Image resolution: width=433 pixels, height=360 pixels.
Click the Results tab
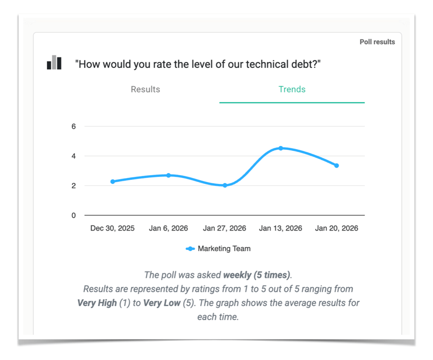click(145, 90)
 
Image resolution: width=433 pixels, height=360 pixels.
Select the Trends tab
click(292, 90)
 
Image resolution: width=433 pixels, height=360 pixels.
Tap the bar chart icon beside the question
click(54, 63)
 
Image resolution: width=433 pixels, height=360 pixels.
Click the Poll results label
click(377, 42)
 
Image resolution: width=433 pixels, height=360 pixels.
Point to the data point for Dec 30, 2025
click(113, 181)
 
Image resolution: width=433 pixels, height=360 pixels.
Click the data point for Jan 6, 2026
click(168, 175)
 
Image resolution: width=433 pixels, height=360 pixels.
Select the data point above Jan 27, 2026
click(225, 185)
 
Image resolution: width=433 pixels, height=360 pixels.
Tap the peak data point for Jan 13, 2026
click(281, 148)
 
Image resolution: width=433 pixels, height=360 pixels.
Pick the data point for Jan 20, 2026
click(336, 165)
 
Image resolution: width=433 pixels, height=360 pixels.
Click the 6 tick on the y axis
click(73, 127)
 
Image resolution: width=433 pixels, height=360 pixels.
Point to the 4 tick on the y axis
click(73, 156)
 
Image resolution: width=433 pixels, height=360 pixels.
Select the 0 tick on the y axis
click(73, 216)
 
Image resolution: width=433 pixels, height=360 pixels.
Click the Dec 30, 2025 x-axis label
click(113, 229)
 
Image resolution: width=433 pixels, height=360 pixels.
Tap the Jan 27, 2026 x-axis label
click(224, 229)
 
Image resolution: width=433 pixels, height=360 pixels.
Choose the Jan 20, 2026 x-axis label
click(336, 229)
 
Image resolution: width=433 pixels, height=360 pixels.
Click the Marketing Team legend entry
click(219, 249)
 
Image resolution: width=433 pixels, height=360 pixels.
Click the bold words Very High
click(97, 303)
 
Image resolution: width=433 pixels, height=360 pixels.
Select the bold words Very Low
click(162, 303)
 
